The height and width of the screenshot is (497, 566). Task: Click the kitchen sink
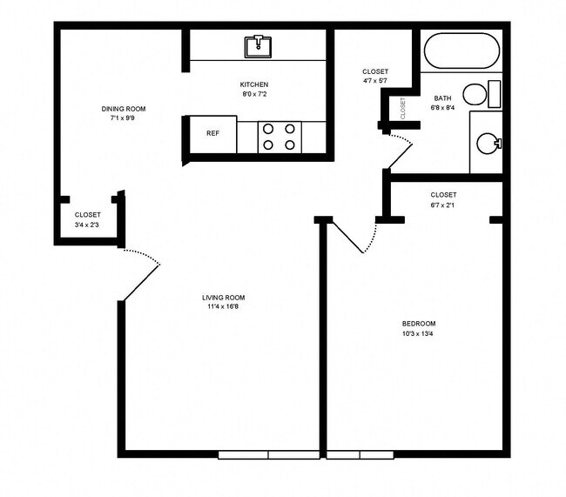coord(258,44)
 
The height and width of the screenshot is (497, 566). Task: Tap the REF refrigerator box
coord(212,134)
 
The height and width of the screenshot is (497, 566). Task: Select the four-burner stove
coord(280,137)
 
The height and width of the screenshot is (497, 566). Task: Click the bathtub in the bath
coord(461,51)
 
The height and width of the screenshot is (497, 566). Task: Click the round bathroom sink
coord(489,144)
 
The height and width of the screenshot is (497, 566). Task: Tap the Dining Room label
coord(123,109)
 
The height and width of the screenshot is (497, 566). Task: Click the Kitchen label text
coord(254,84)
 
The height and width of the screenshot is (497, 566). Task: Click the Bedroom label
coord(419,324)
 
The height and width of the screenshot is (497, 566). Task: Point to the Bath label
coord(441,99)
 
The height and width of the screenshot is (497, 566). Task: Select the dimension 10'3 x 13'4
coord(419,333)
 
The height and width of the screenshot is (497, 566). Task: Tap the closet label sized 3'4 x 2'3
coord(87,224)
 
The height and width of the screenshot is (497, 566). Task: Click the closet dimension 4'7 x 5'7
coord(375,81)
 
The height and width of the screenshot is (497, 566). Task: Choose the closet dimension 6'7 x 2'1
coord(443,205)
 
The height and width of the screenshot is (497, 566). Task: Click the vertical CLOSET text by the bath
coord(403,108)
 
